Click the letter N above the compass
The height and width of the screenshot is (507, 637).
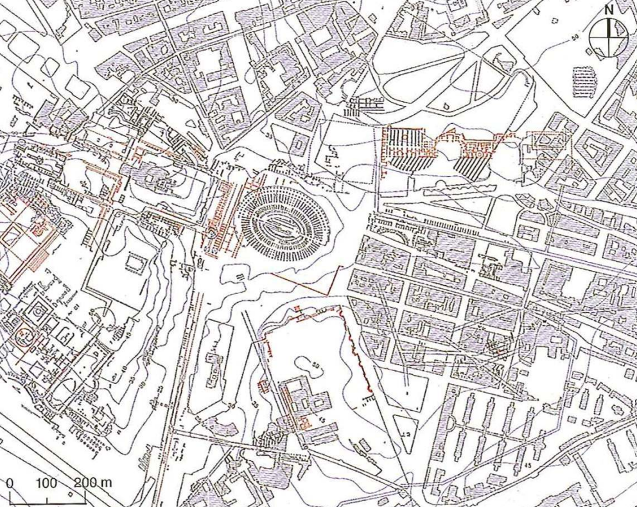[609, 10]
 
